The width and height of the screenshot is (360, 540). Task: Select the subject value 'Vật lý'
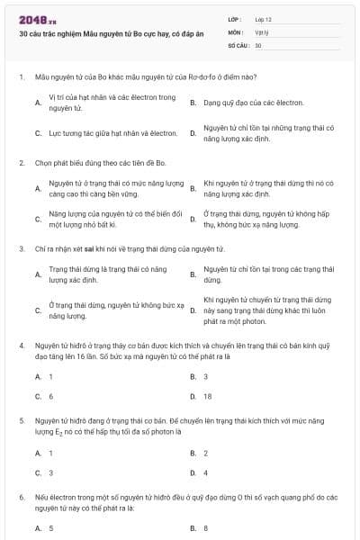[x=262, y=31]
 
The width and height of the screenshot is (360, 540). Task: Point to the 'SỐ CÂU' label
[x=239, y=44]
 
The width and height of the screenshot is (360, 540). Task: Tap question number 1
[x=21, y=78]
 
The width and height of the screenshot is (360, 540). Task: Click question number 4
[x=21, y=345]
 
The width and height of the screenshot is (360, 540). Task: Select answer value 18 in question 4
[x=208, y=396]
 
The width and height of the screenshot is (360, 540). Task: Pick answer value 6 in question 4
[x=50, y=396]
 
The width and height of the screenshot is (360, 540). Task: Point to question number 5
[x=21, y=420]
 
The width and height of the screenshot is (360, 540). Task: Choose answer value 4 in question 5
[x=206, y=472]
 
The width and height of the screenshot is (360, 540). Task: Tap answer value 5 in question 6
[x=50, y=528]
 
